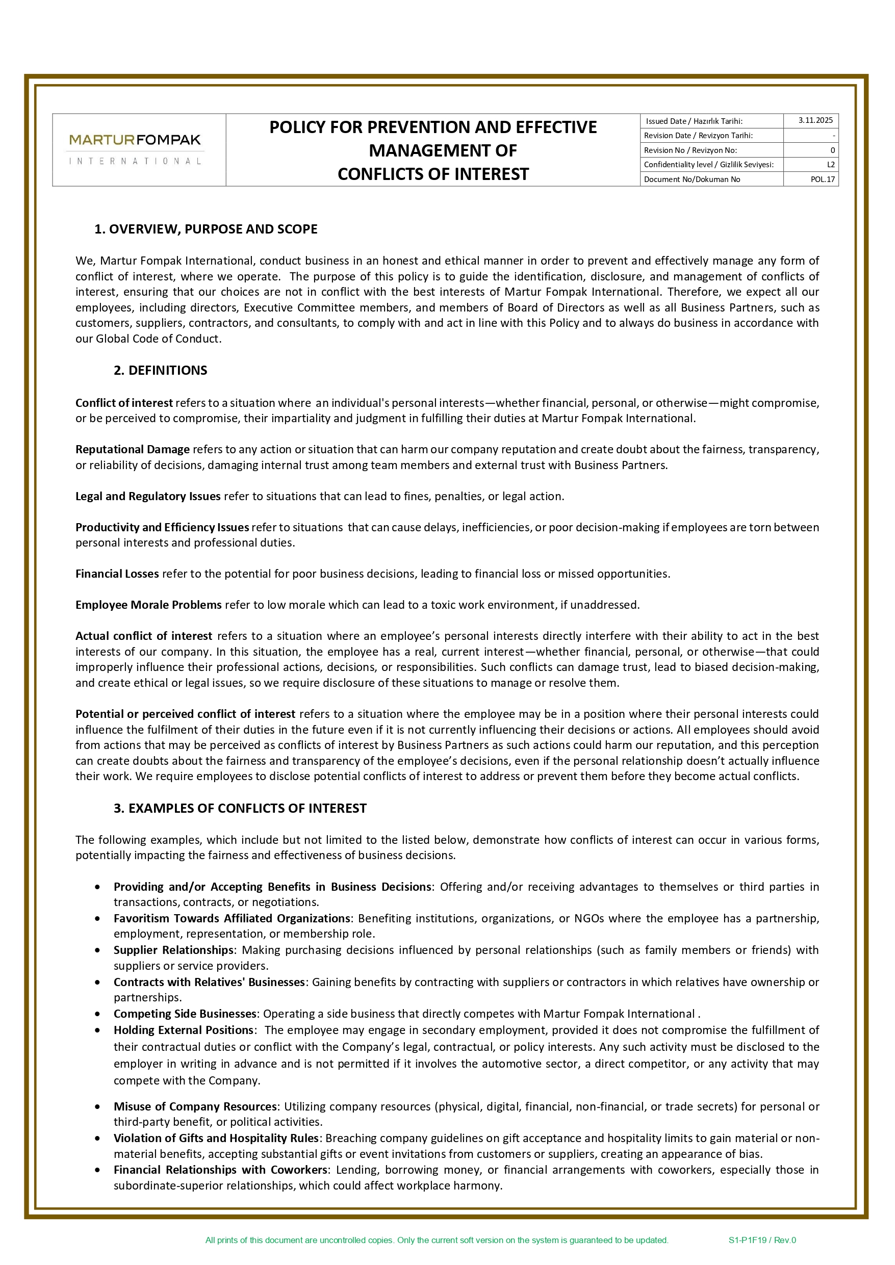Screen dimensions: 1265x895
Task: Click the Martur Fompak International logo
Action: tap(136, 149)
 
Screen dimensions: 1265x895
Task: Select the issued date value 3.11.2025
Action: tap(815, 120)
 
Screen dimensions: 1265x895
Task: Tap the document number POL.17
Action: tap(822, 179)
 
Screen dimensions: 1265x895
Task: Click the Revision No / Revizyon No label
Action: tap(690, 150)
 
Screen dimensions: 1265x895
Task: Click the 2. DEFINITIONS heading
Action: tap(160, 370)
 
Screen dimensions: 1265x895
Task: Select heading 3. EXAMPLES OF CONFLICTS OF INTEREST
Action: tap(240, 808)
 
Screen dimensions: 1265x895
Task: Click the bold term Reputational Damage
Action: tap(132, 449)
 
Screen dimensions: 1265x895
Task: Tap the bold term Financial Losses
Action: tap(117, 574)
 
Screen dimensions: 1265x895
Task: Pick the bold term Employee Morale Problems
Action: tap(148, 604)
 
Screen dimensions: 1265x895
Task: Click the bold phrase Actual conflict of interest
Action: tap(143, 636)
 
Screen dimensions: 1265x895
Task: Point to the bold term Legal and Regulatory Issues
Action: tap(148, 496)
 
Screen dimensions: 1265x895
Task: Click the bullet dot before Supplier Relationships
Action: tap(97, 950)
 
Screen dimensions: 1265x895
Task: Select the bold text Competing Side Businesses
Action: tap(185, 1014)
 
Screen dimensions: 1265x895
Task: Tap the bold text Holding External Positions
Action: tap(184, 1030)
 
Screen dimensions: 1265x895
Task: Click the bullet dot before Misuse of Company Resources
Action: tap(97, 1107)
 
